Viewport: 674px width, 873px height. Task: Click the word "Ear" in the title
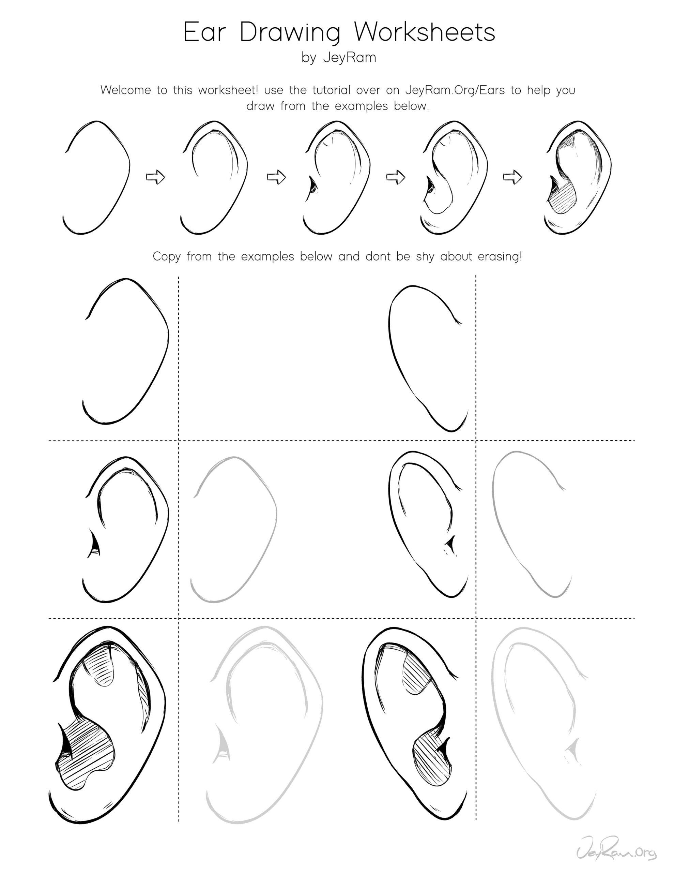(204, 32)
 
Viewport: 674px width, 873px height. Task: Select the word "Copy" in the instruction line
(167, 257)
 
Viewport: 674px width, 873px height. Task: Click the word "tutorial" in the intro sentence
(331, 90)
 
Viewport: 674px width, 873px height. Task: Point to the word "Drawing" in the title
(290, 33)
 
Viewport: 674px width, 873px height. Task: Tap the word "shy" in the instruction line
(427, 257)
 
